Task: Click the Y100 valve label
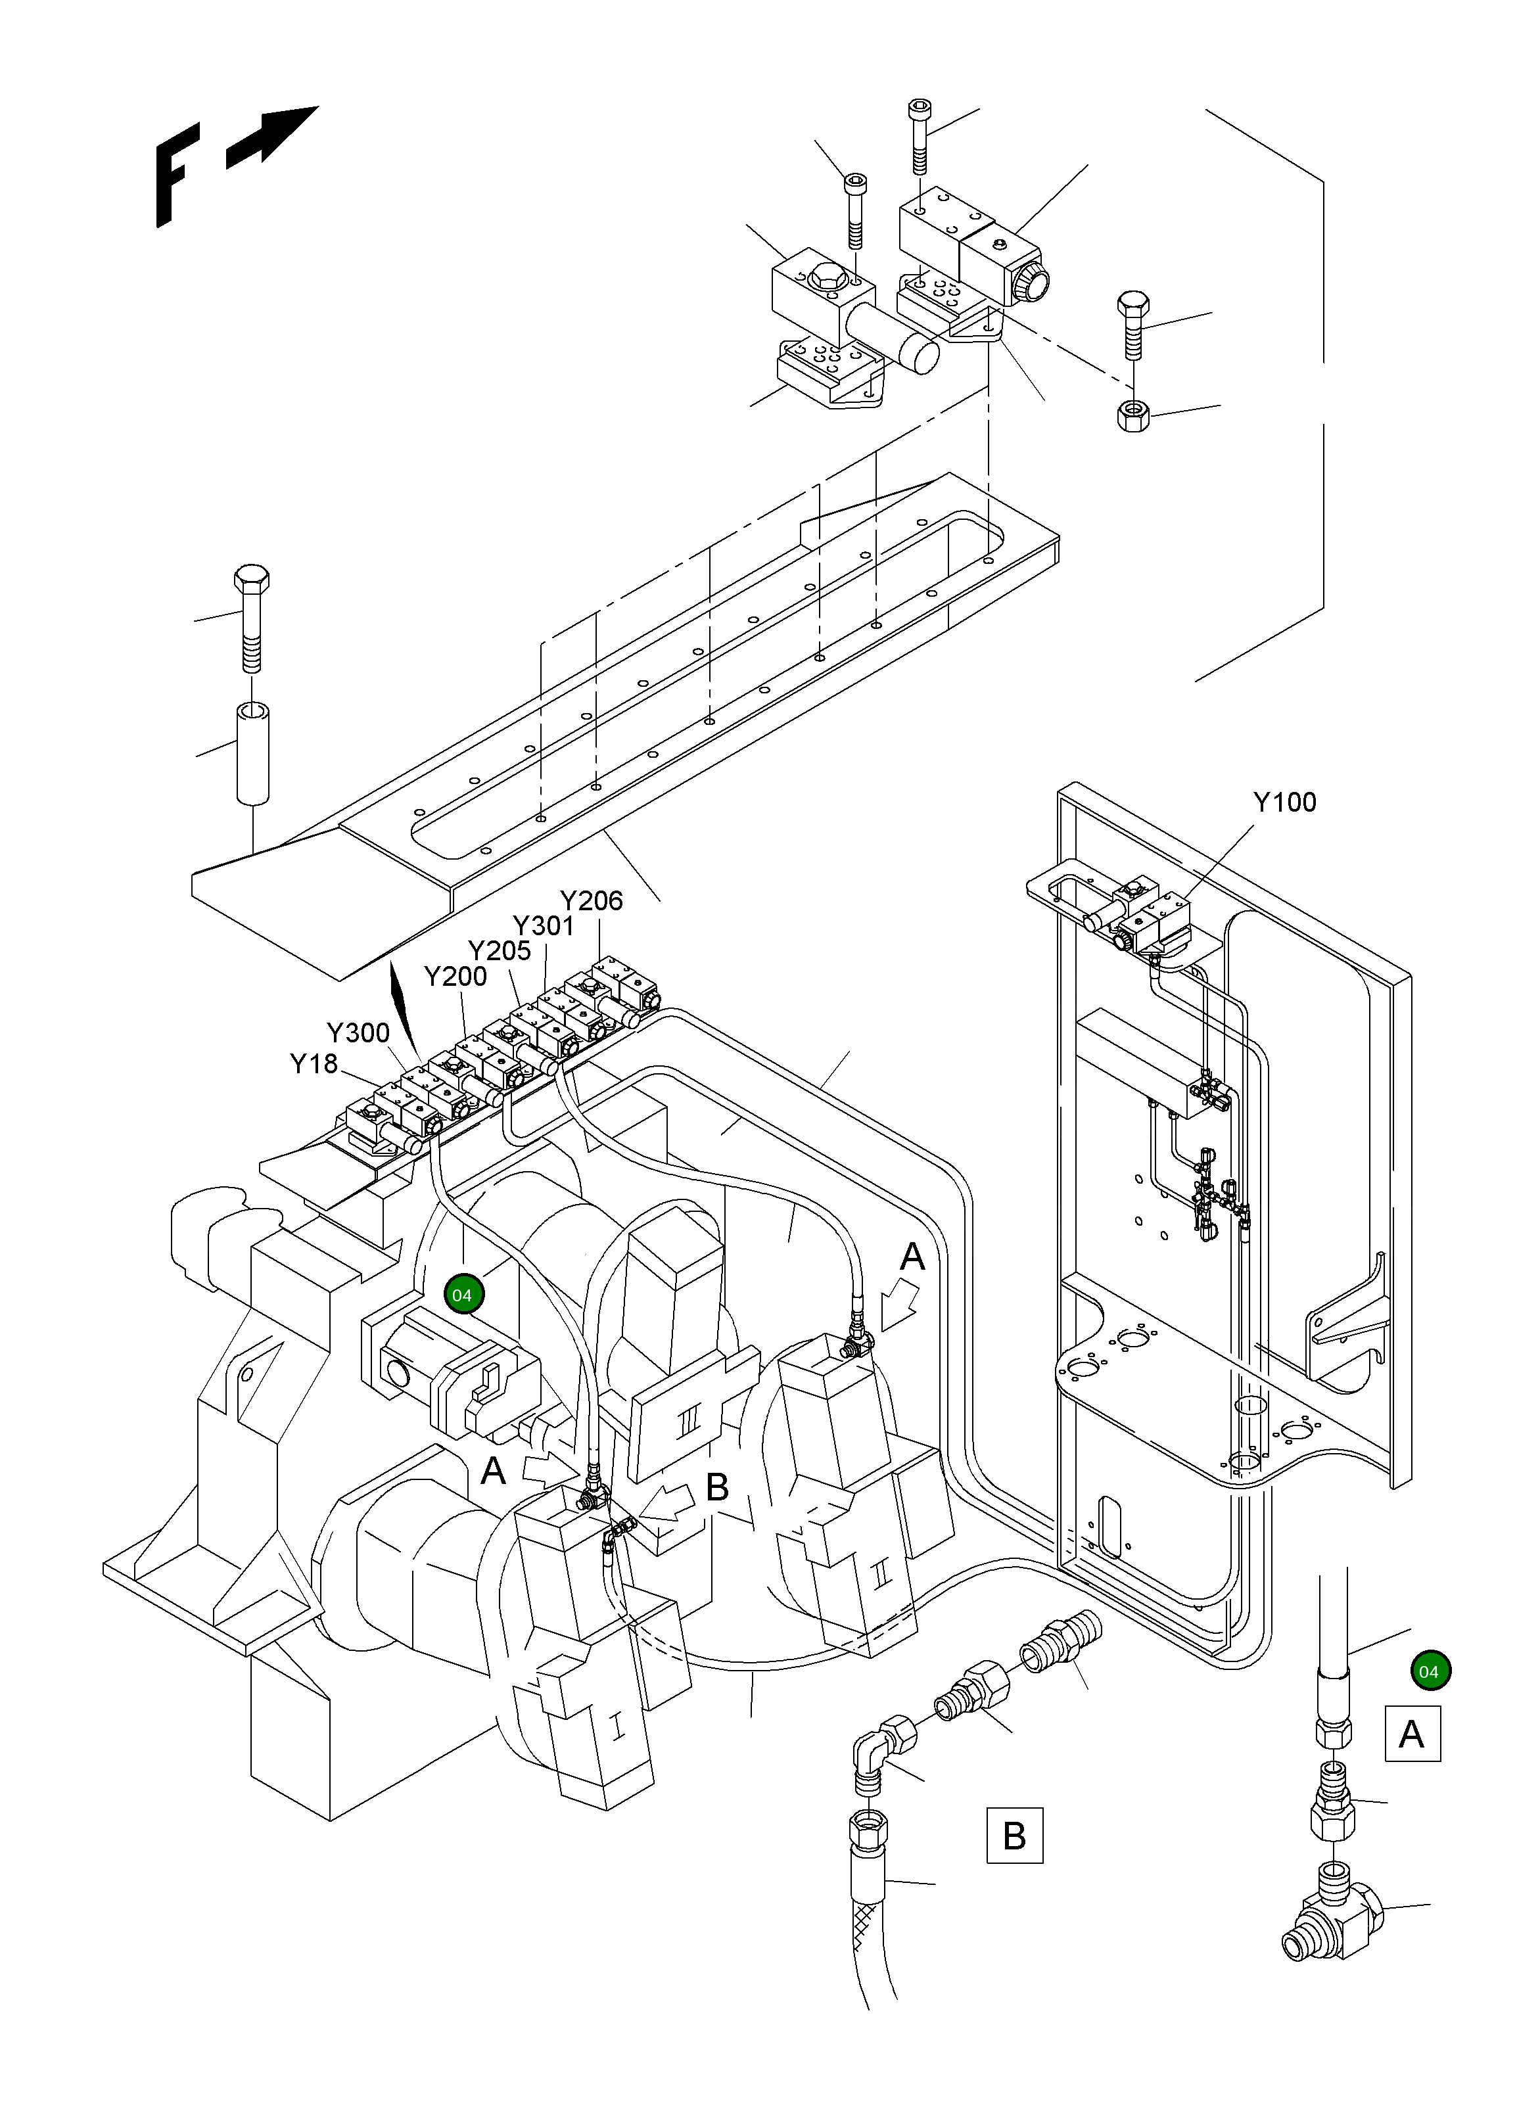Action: coord(1284,802)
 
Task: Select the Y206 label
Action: coord(591,900)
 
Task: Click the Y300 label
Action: coord(358,1032)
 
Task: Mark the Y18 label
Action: coord(314,1063)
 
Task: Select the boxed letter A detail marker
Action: coord(1412,1734)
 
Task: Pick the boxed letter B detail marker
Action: coord(1014,1836)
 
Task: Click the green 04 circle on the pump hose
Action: coord(462,1295)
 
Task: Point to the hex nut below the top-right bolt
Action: coord(1132,414)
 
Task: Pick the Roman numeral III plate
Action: coord(688,1422)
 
